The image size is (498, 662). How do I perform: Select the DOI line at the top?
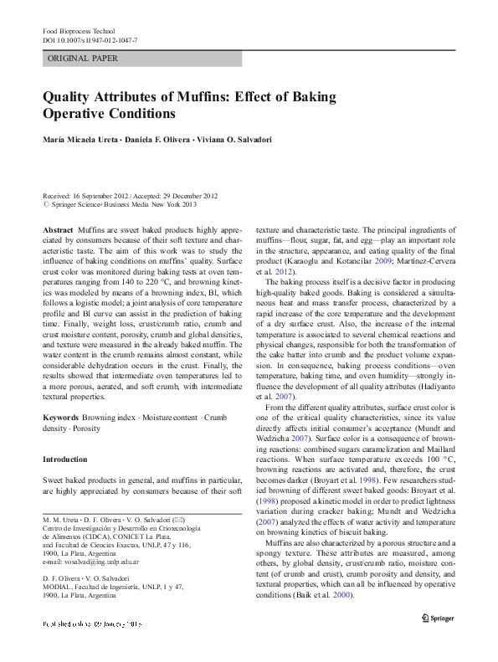(90, 39)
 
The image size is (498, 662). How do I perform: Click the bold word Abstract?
(57, 228)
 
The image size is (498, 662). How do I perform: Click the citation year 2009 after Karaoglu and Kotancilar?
(384, 261)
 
